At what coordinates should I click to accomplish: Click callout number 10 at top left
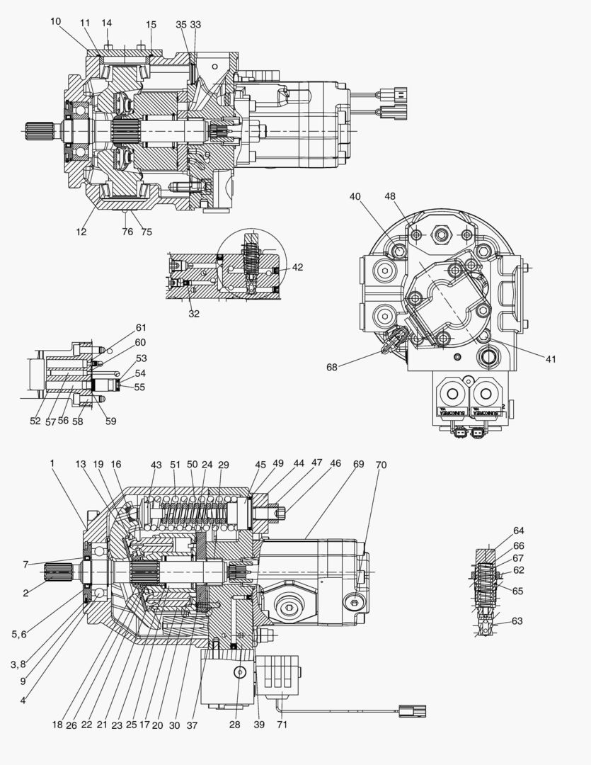[56, 21]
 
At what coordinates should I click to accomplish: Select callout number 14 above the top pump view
[106, 23]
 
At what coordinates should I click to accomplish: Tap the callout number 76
[127, 232]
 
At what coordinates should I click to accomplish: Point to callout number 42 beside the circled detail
[297, 267]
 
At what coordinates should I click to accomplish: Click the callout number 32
[194, 313]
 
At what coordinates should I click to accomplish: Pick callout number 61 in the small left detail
[141, 327]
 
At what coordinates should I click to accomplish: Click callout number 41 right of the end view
[551, 359]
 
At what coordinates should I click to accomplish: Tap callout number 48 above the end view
[390, 195]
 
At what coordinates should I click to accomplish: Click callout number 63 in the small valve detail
[517, 621]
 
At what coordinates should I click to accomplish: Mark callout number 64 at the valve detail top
[520, 531]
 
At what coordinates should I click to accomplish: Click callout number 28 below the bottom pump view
[235, 725]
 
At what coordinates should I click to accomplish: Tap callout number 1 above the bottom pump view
[52, 463]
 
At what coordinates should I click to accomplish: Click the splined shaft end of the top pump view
[35, 132]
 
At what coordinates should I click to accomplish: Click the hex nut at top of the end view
[442, 232]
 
